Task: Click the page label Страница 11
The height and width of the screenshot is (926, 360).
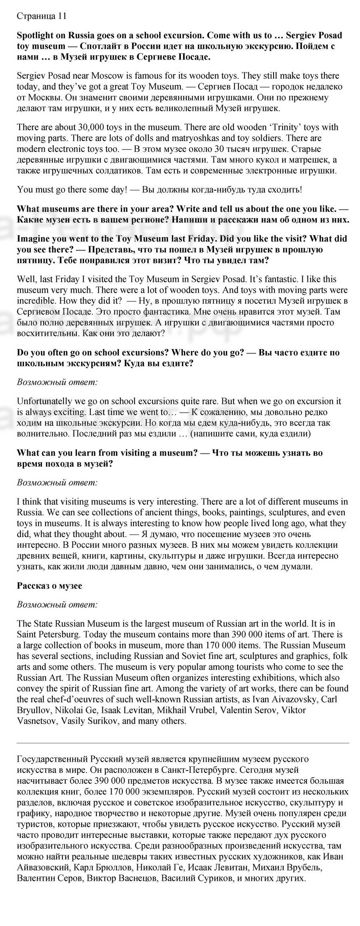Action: [x=42, y=16]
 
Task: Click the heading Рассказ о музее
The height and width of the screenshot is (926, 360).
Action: [x=49, y=586]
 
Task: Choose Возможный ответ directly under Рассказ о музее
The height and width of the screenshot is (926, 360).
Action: [x=57, y=605]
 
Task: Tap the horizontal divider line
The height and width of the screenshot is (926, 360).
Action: [x=183, y=742]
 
